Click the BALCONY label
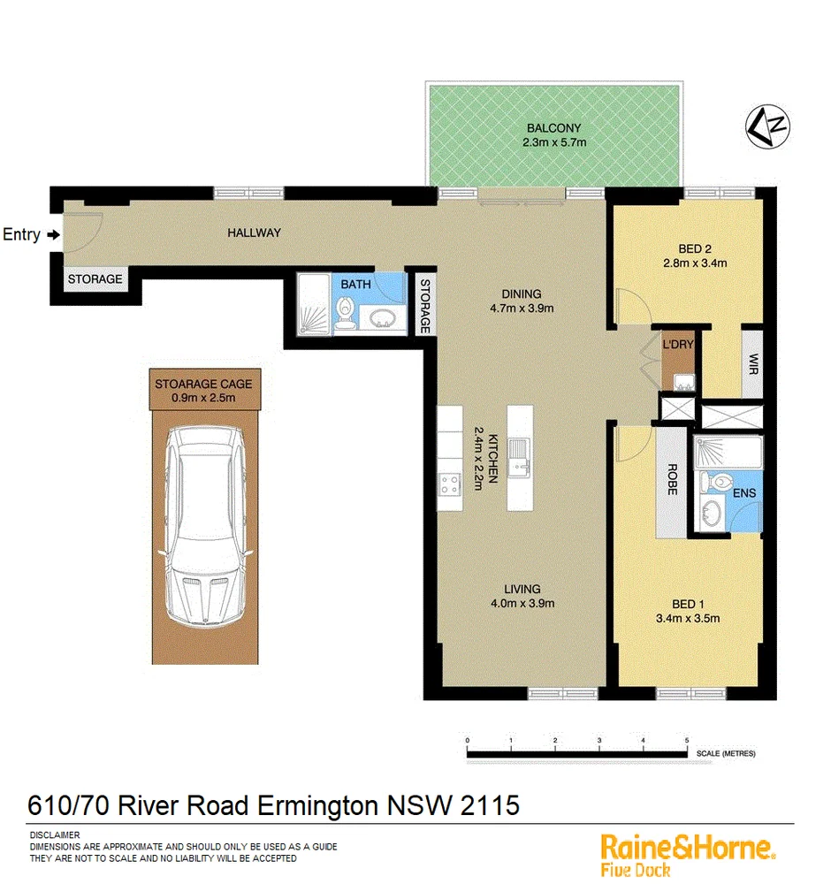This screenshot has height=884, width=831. click(553, 128)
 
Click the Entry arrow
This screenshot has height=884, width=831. click(54, 235)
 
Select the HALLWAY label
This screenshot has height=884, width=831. click(254, 233)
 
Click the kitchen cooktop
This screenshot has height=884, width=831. click(449, 484)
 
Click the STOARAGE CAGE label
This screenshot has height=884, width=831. click(203, 384)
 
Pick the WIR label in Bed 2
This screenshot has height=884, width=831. click(752, 363)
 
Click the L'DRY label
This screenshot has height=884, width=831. click(677, 345)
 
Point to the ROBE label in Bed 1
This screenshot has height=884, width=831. click(671, 480)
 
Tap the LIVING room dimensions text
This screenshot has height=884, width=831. click(522, 604)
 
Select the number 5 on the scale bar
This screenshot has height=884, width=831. click(686, 741)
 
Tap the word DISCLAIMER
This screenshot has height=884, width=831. click(55, 835)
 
